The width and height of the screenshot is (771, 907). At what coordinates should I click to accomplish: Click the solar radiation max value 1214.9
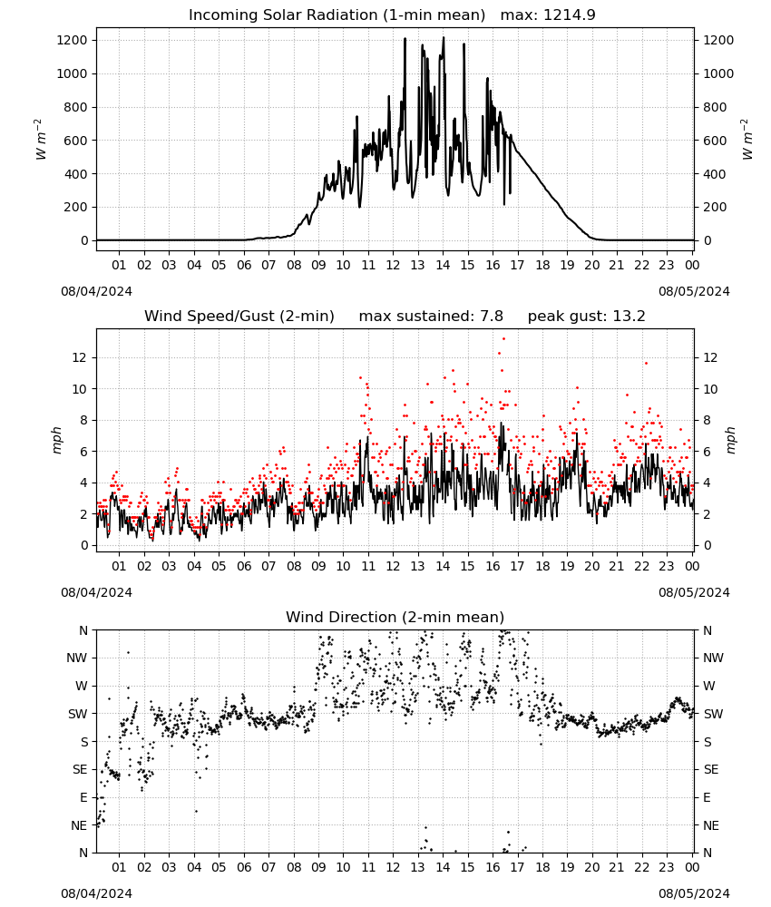(x=569, y=15)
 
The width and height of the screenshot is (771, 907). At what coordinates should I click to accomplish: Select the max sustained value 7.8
(x=491, y=317)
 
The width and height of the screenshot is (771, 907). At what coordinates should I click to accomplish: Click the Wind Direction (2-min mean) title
(x=395, y=617)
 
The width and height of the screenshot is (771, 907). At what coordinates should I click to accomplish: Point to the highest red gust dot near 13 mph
(x=503, y=339)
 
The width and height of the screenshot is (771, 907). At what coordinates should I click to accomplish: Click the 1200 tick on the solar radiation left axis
(x=73, y=41)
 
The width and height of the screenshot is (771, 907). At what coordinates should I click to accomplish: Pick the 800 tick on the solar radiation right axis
(x=715, y=107)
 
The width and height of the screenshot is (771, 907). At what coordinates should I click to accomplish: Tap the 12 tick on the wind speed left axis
(x=80, y=357)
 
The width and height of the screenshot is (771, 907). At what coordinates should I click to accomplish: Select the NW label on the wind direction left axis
(x=77, y=658)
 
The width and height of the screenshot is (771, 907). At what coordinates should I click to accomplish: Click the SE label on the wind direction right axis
(x=711, y=770)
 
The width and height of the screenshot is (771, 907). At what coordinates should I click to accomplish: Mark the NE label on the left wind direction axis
(x=79, y=825)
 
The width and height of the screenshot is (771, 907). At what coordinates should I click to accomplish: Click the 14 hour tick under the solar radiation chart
(x=443, y=265)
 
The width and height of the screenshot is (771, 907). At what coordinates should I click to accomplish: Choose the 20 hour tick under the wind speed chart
(x=592, y=566)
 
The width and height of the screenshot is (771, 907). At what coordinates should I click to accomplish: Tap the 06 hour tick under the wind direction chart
(x=244, y=867)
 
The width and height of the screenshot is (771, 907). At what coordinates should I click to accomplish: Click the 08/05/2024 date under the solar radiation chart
(x=694, y=291)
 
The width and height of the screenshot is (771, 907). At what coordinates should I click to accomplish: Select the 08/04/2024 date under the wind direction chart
(x=96, y=893)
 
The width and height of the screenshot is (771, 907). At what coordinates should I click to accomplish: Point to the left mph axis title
(x=56, y=440)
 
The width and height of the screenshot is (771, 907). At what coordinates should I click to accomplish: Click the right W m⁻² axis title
(x=747, y=140)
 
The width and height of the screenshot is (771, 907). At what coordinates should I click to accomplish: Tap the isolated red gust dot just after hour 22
(x=646, y=364)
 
